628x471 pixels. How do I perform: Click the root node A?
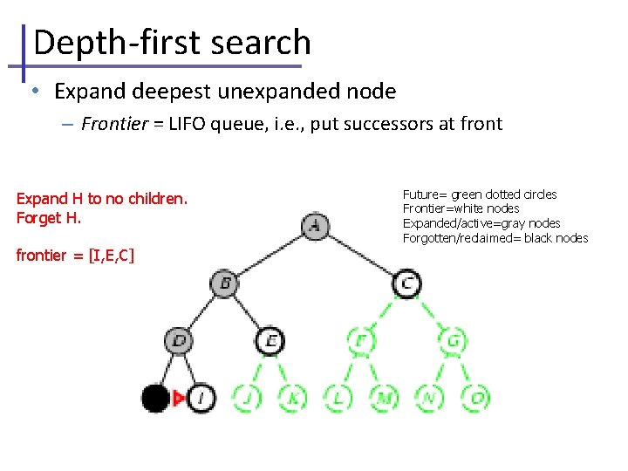[x=315, y=227]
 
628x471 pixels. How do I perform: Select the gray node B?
[x=224, y=283]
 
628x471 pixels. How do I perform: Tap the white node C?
[x=406, y=283]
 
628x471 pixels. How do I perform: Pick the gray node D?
[x=179, y=340]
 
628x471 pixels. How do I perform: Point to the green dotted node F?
[x=360, y=340]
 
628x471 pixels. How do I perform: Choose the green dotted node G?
[x=453, y=340]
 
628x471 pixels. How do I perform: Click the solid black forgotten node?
[x=155, y=399]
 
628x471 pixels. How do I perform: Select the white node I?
[x=201, y=399]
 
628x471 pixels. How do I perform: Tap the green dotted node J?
[x=247, y=399]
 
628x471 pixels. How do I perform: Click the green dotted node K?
[x=292, y=399]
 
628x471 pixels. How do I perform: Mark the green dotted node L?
[x=338, y=399]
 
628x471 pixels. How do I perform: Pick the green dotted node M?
[x=384, y=399]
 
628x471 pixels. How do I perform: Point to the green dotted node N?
[x=429, y=399]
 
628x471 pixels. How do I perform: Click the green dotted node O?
[x=475, y=399]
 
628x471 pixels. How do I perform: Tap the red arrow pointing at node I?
[x=179, y=399]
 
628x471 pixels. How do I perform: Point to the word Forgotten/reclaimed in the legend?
[x=454, y=238]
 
